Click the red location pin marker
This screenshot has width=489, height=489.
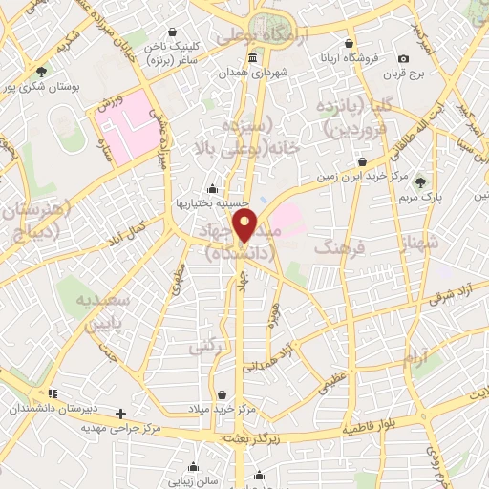point(247,227)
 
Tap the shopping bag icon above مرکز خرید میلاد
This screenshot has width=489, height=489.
point(222,394)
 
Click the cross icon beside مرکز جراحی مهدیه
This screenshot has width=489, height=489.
point(119,415)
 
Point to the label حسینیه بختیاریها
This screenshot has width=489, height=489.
point(212,203)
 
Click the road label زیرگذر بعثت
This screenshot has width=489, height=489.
point(252,436)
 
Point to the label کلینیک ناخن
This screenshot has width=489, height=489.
point(180,46)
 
